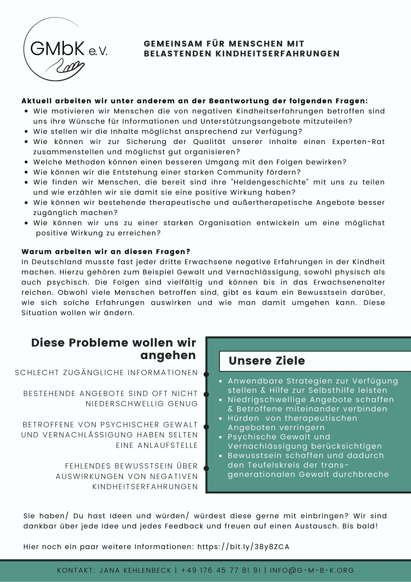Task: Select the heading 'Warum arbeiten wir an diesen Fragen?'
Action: tap(106, 251)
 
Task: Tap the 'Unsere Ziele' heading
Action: tap(267, 361)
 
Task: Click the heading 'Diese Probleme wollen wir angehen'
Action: tap(114, 349)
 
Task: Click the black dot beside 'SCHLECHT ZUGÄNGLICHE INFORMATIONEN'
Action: tap(206, 374)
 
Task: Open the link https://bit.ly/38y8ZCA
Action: tap(243, 547)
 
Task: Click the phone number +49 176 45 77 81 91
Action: tap(221, 570)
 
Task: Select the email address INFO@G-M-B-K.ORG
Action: tap(312, 570)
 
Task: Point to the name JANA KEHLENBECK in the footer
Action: tap(135, 570)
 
